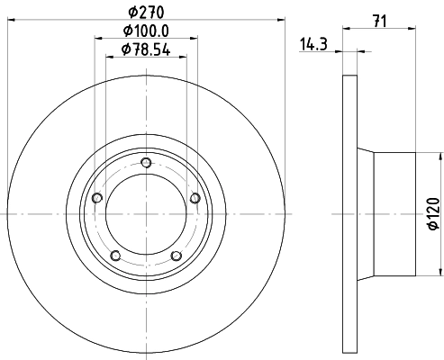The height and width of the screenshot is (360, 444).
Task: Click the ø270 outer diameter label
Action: [146, 13]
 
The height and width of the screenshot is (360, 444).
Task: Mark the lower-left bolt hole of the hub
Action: [115, 256]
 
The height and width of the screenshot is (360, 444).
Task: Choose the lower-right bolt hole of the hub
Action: [177, 256]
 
